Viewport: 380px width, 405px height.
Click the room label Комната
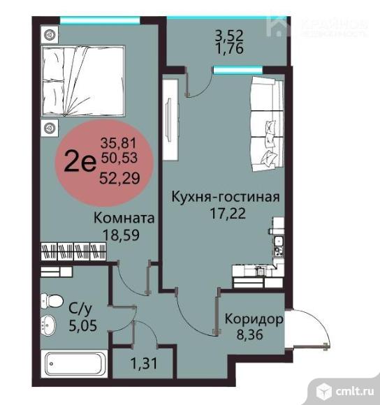tap(124, 219)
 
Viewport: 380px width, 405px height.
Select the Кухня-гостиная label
tap(226, 197)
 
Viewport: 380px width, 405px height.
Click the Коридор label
tap(254, 321)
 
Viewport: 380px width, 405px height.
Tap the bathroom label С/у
tap(78, 306)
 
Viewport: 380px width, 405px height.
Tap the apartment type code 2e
tap(80, 162)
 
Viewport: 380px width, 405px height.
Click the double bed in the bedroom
tap(82, 80)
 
